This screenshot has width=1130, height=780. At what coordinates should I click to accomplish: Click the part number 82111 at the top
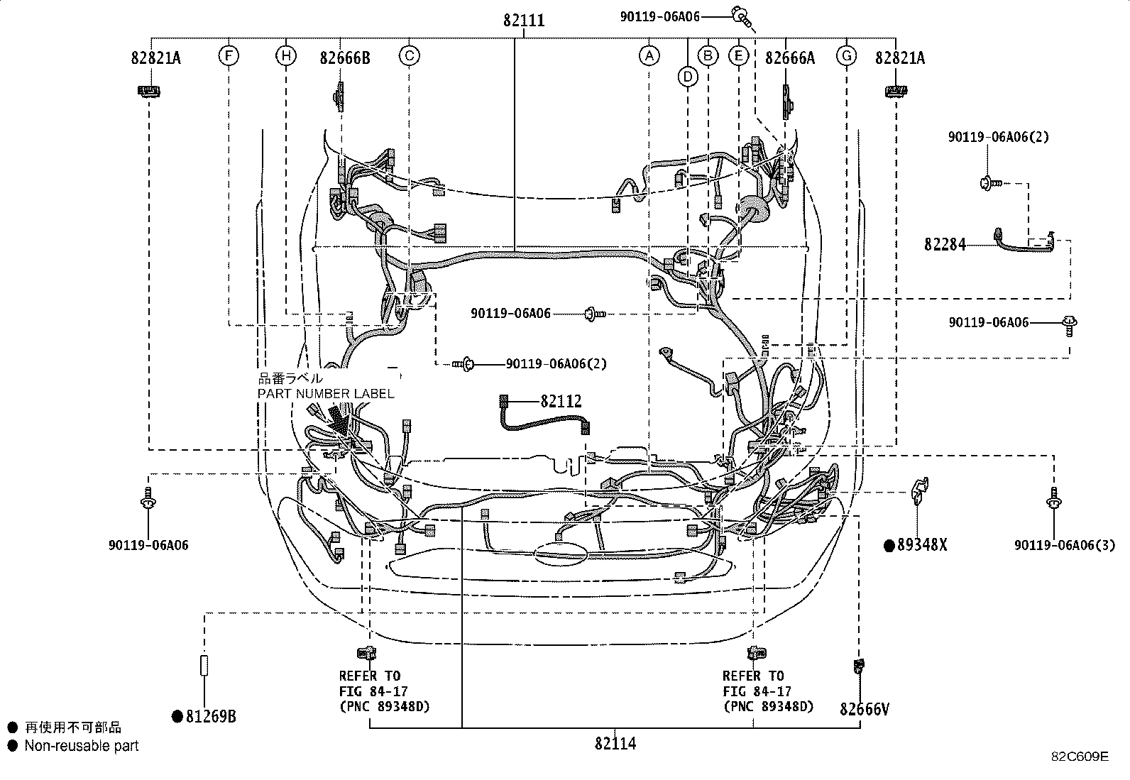pos(524,21)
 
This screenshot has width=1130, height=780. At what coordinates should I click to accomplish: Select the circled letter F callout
pos(229,55)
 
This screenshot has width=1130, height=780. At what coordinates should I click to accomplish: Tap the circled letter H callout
pos(285,55)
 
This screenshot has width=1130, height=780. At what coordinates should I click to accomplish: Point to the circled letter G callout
pos(846,55)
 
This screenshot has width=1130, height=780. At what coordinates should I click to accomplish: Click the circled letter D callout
pos(687,75)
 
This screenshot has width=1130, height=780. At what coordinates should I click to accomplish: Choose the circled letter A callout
pos(649,55)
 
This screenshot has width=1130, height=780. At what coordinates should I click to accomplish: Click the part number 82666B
pos(344,58)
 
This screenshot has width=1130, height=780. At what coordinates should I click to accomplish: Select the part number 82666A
pos(789,58)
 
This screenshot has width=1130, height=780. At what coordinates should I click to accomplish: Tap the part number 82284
pos(945,245)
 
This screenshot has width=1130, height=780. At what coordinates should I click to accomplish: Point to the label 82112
pos(561,402)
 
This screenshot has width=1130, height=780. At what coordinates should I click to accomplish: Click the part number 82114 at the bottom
pos(615,744)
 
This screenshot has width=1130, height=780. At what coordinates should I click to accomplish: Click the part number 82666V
pos(864,709)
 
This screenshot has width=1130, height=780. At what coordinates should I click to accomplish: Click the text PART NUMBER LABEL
pos(325,394)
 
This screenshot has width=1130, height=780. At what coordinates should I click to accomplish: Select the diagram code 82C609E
pos(1080,757)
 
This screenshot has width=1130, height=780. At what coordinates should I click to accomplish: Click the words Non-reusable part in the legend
pos(82,746)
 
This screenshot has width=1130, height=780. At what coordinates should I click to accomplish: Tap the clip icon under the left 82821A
pos(148,91)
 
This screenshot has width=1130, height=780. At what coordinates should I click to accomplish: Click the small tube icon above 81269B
pos(204,665)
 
